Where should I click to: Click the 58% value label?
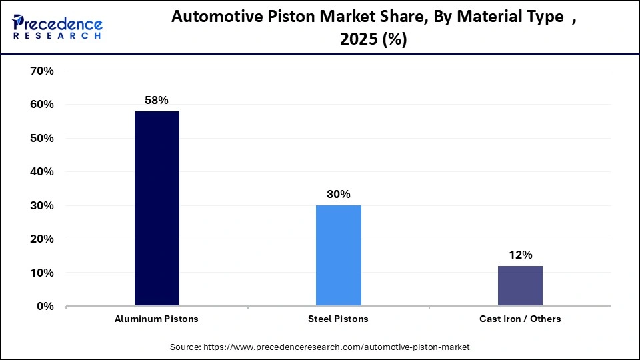coord(157,100)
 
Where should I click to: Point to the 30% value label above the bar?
coord(338,194)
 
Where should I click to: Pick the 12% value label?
coord(520,255)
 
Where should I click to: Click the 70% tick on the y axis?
coord(40,71)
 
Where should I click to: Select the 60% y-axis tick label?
coord(40,105)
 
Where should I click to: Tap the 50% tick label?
coord(40,138)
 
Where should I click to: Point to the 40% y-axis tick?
coord(40,172)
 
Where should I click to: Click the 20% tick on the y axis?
coord(40,239)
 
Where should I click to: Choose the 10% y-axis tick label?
coord(40,273)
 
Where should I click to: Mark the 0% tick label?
coord(43,307)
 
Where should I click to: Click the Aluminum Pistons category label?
coord(157,319)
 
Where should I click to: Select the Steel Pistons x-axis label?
coord(338,319)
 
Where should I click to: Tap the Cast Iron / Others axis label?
coord(520,319)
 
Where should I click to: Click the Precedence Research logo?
coord(57,27)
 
